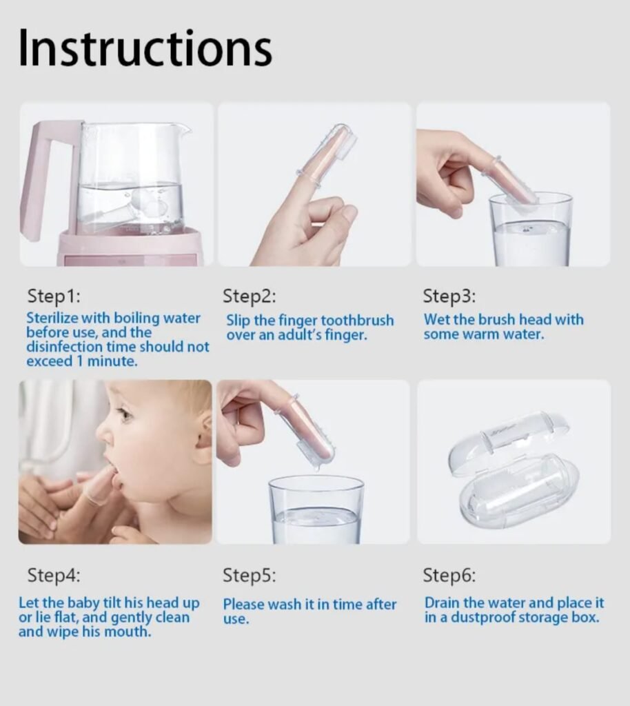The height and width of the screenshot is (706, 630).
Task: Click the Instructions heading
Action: tap(145, 48)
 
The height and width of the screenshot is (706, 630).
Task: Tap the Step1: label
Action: tap(54, 296)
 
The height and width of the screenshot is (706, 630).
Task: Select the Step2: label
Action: tap(250, 296)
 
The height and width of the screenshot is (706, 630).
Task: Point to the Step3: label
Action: tap(449, 296)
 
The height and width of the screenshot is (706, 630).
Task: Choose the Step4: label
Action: tap(54, 575)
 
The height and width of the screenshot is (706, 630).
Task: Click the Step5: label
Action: tap(250, 575)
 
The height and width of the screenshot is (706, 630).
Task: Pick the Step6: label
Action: tap(449, 575)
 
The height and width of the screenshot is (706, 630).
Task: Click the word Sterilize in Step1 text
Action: tap(52, 318)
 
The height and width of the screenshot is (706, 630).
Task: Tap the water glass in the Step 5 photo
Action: tap(316, 510)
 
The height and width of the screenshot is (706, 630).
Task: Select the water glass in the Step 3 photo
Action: tap(531, 230)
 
